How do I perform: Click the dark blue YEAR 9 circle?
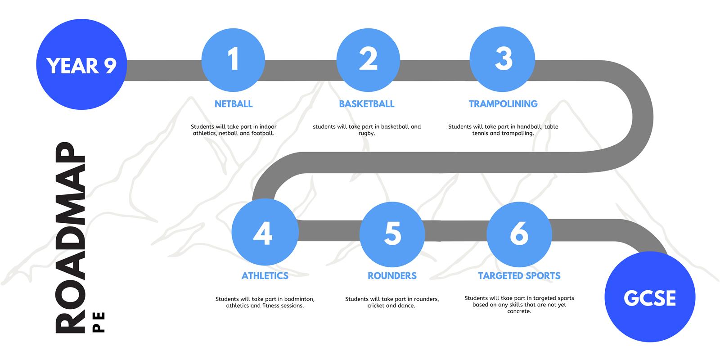pos(81,64)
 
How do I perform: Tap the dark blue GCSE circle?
pos(650,297)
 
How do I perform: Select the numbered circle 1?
pos(234,60)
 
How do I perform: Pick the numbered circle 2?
pos(368,60)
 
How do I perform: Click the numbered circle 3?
pos(502,59)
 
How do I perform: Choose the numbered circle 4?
pos(265,232)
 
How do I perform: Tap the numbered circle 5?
pos(392,234)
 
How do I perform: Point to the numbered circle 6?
pos(519,234)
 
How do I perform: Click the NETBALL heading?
pos(234,104)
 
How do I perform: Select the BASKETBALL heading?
pos(367,104)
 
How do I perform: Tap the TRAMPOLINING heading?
pos(503,104)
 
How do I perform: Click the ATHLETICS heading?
pos(265,276)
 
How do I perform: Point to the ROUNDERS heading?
pos(392,276)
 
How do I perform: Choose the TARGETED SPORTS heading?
pos(519,276)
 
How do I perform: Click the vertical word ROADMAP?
pos(70,238)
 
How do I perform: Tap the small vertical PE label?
pos(99,322)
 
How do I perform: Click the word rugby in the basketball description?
pos(366,133)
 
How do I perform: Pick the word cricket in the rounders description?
pos(376,306)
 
